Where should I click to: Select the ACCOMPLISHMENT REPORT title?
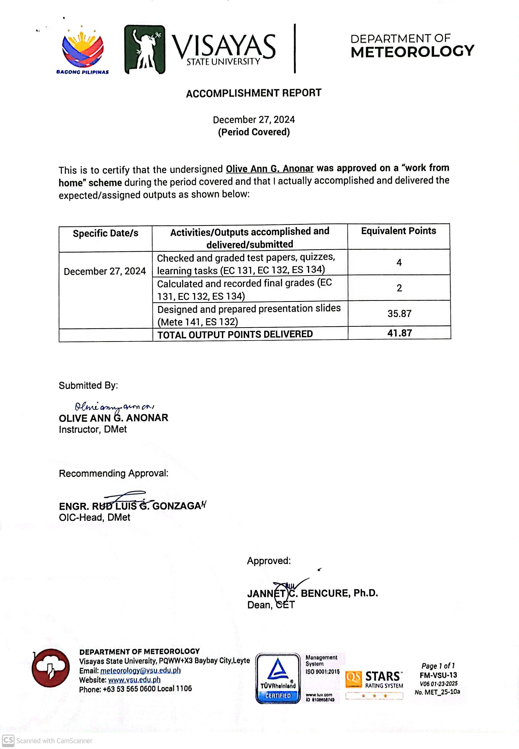click(x=254, y=93)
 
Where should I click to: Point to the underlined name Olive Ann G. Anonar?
click(x=270, y=169)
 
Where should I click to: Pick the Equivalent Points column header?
click(x=398, y=231)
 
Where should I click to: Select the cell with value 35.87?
click(x=399, y=313)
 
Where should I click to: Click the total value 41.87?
click(x=399, y=333)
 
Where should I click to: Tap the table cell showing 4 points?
click(x=399, y=262)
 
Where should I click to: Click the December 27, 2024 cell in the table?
click(x=105, y=271)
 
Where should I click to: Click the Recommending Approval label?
click(x=114, y=473)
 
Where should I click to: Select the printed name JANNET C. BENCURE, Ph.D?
click(x=312, y=593)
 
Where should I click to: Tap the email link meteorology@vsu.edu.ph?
click(x=140, y=671)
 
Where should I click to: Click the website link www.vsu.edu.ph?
click(x=134, y=680)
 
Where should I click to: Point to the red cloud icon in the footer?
click(x=51, y=668)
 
